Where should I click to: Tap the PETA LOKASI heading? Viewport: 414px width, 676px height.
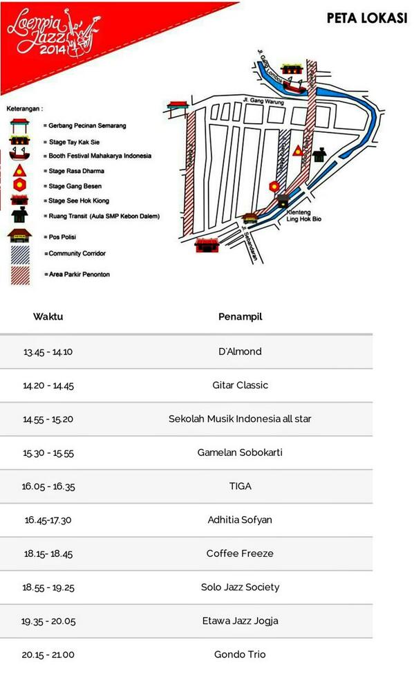(366, 19)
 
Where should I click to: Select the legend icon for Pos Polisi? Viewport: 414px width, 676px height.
(19, 237)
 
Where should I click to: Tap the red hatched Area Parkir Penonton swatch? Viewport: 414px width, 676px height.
(19, 274)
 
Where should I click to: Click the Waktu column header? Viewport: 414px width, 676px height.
(48, 317)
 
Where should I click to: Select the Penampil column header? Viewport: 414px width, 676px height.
(240, 317)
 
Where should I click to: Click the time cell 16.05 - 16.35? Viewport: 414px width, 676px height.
(48, 486)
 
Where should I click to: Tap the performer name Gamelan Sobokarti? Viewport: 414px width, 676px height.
(240, 453)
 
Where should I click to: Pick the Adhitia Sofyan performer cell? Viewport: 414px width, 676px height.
(240, 520)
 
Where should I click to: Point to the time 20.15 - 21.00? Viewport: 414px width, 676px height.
(48, 655)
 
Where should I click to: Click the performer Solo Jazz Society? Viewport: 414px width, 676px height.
(240, 587)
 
